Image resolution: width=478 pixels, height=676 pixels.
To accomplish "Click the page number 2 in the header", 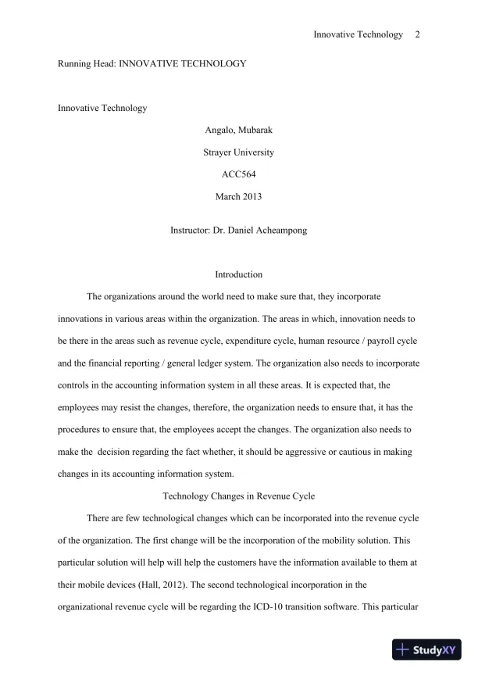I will pos(418,34).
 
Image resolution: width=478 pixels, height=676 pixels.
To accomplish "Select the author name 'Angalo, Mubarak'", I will pos(238,130).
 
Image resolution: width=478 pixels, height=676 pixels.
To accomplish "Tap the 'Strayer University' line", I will pos(238,152).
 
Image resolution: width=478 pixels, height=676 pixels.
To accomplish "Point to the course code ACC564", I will pos(238,174).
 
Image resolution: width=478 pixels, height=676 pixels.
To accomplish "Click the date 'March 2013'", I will pos(238,197).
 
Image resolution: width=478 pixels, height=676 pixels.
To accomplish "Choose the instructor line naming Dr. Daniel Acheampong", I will pos(238,231).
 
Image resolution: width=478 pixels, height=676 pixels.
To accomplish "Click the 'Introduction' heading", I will pos(238,274).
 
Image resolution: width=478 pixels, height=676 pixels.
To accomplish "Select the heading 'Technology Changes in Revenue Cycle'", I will pos(238,495).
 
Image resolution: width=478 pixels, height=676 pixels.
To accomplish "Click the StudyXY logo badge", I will pos(428,649).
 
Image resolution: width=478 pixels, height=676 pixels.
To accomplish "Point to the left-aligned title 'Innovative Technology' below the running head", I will pos(102,108).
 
